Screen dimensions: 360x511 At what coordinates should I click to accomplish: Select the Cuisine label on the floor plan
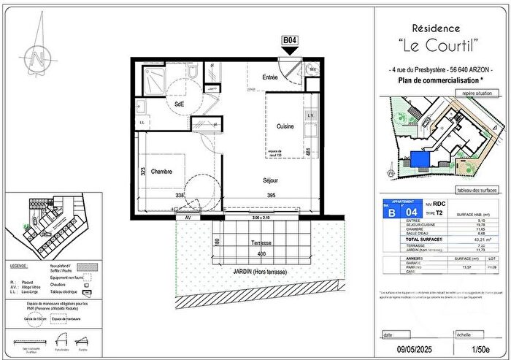(285, 126)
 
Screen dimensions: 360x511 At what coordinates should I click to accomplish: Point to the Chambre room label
(162, 172)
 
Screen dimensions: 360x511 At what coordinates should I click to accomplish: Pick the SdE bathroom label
(179, 104)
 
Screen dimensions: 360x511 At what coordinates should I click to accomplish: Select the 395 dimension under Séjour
(271, 196)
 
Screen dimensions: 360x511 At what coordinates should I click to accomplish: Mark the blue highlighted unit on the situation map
(420, 158)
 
